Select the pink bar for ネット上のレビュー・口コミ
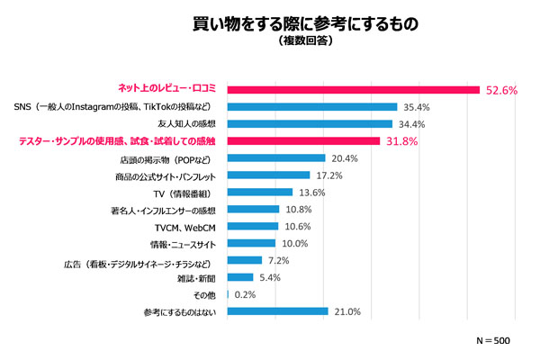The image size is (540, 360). (x=353, y=89)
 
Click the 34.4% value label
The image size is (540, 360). (x=413, y=124)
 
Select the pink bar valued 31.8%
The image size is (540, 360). (x=303, y=140)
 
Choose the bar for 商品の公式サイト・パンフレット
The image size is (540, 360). (x=269, y=175)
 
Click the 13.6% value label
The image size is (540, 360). (x=313, y=192)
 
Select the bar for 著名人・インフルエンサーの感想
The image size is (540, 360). (x=254, y=209)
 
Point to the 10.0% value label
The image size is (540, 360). (x=297, y=243)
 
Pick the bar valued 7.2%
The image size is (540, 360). (x=245, y=260)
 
